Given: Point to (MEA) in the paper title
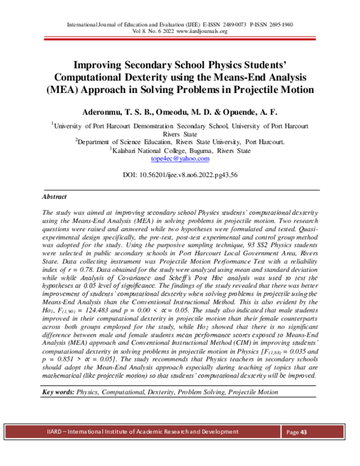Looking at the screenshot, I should (62, 90).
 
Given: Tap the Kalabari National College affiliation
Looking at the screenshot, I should (180, 151).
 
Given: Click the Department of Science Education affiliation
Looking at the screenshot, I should (180, 142).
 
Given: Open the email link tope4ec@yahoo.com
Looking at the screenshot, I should (180, 159).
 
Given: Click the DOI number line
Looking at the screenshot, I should (180, 175).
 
